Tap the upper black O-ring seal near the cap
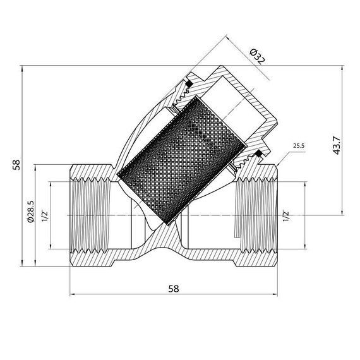[x=188, y=83]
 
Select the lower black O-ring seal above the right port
[x=258, y=155]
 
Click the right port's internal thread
[x=256, y=215]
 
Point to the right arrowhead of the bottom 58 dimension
[x=276, y=294]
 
